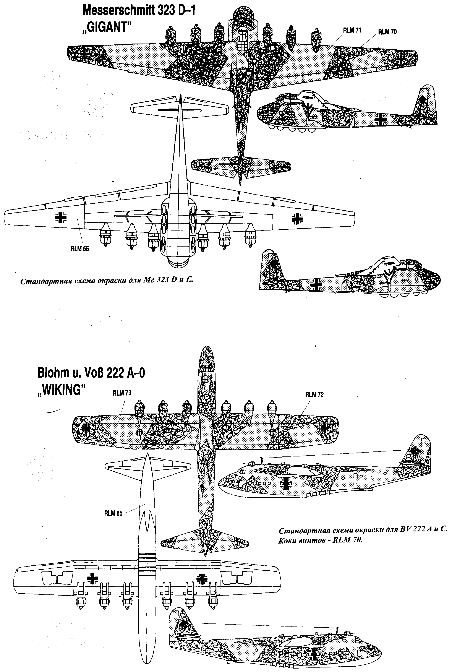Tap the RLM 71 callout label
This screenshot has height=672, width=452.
tap(352, 31)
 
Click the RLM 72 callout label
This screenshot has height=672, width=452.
tap(314, 395)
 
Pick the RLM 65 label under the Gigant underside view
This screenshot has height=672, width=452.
tap(80, 249)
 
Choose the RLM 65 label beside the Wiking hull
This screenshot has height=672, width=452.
tap(113, 521)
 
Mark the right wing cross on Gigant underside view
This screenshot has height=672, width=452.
tap(298, 219)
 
